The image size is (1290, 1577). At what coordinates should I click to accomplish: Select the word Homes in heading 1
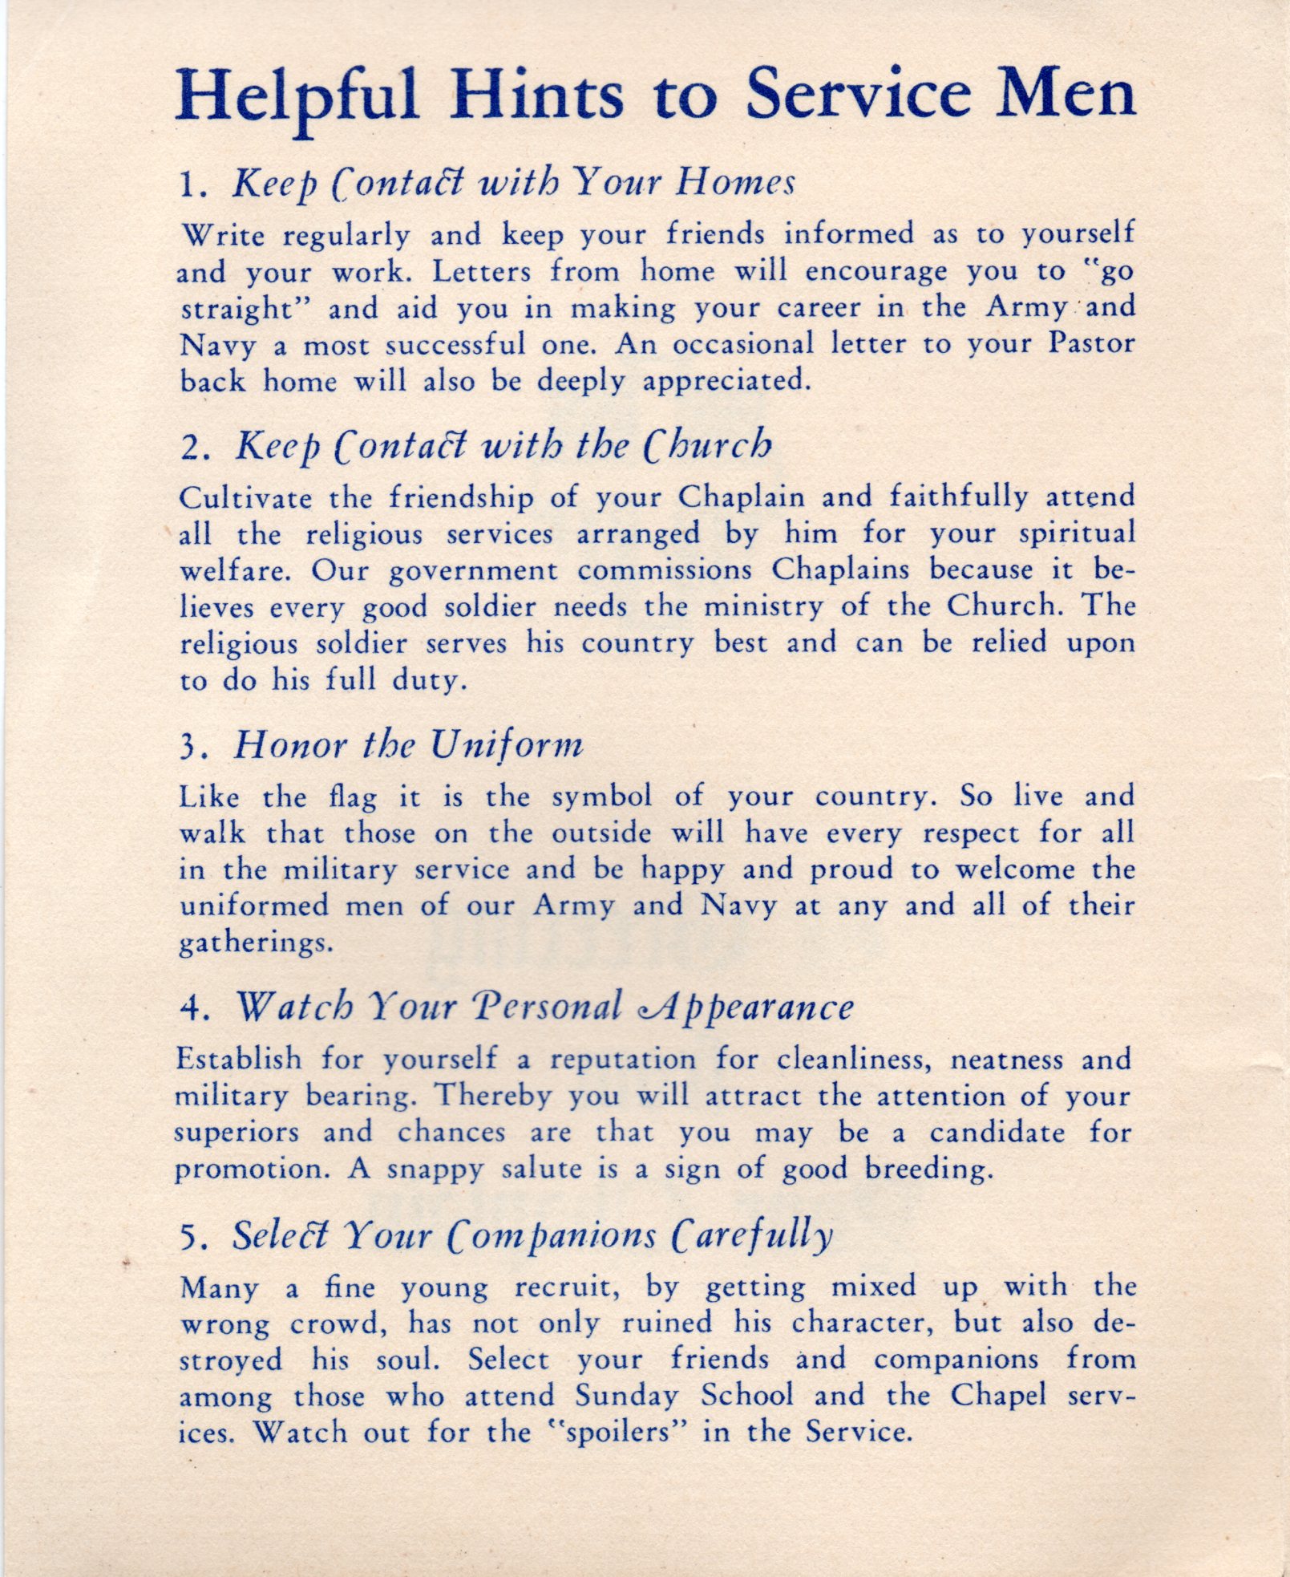[734, 183]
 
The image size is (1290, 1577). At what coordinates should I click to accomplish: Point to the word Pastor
[1091, 344]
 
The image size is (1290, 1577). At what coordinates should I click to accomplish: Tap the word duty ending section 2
[427, 681]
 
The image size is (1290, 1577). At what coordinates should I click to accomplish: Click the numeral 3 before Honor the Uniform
[189, 747]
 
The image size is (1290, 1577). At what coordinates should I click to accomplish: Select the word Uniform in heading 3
[506, 746]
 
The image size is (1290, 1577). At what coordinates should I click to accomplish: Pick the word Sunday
[627, 1396]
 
